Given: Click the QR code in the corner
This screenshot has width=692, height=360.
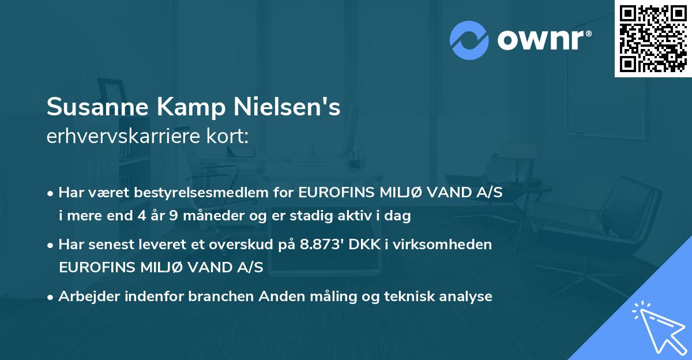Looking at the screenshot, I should pos(653,39).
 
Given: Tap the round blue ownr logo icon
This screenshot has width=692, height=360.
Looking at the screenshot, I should pos(469,40).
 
